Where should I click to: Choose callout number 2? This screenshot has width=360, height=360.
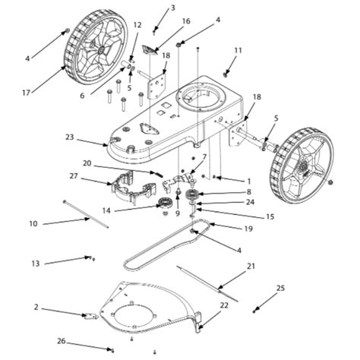(x=36, y=308)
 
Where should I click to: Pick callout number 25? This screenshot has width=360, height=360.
(x=280, y=288)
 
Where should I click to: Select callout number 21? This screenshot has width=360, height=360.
(x=251, y=267)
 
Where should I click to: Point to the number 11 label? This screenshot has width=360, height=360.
(x=238, y=50)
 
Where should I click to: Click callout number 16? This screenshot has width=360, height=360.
(x=186, y=22)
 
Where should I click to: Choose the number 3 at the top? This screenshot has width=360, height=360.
(x=172, y=8)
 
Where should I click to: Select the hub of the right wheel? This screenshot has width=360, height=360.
(x=301, y=162)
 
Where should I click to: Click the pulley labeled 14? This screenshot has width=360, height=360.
(x=166, y=203)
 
